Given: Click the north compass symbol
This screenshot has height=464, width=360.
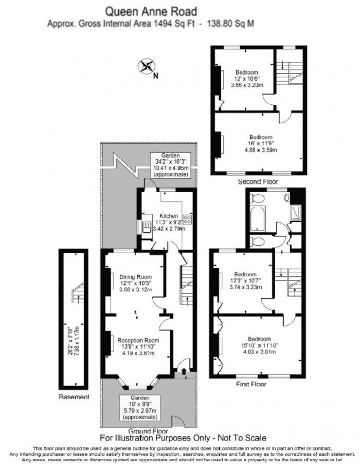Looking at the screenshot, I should coord(147,66).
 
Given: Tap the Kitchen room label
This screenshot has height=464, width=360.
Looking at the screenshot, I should coord(169,216).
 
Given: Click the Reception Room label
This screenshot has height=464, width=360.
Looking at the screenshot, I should coord(138,340).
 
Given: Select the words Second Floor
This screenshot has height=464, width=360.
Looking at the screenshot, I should coord(258,182).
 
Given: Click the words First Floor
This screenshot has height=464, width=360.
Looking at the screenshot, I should coord(251,383).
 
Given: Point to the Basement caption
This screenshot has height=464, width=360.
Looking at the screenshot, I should coord(75,397).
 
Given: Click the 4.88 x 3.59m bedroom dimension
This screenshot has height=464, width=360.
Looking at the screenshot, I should coord(261,150).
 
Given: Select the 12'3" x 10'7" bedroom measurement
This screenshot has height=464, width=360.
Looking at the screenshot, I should coord(246,281).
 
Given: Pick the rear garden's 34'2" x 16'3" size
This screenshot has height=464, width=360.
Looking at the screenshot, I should coord(169,162).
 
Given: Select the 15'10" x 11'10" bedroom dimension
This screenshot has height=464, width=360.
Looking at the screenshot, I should coord(260,345).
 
